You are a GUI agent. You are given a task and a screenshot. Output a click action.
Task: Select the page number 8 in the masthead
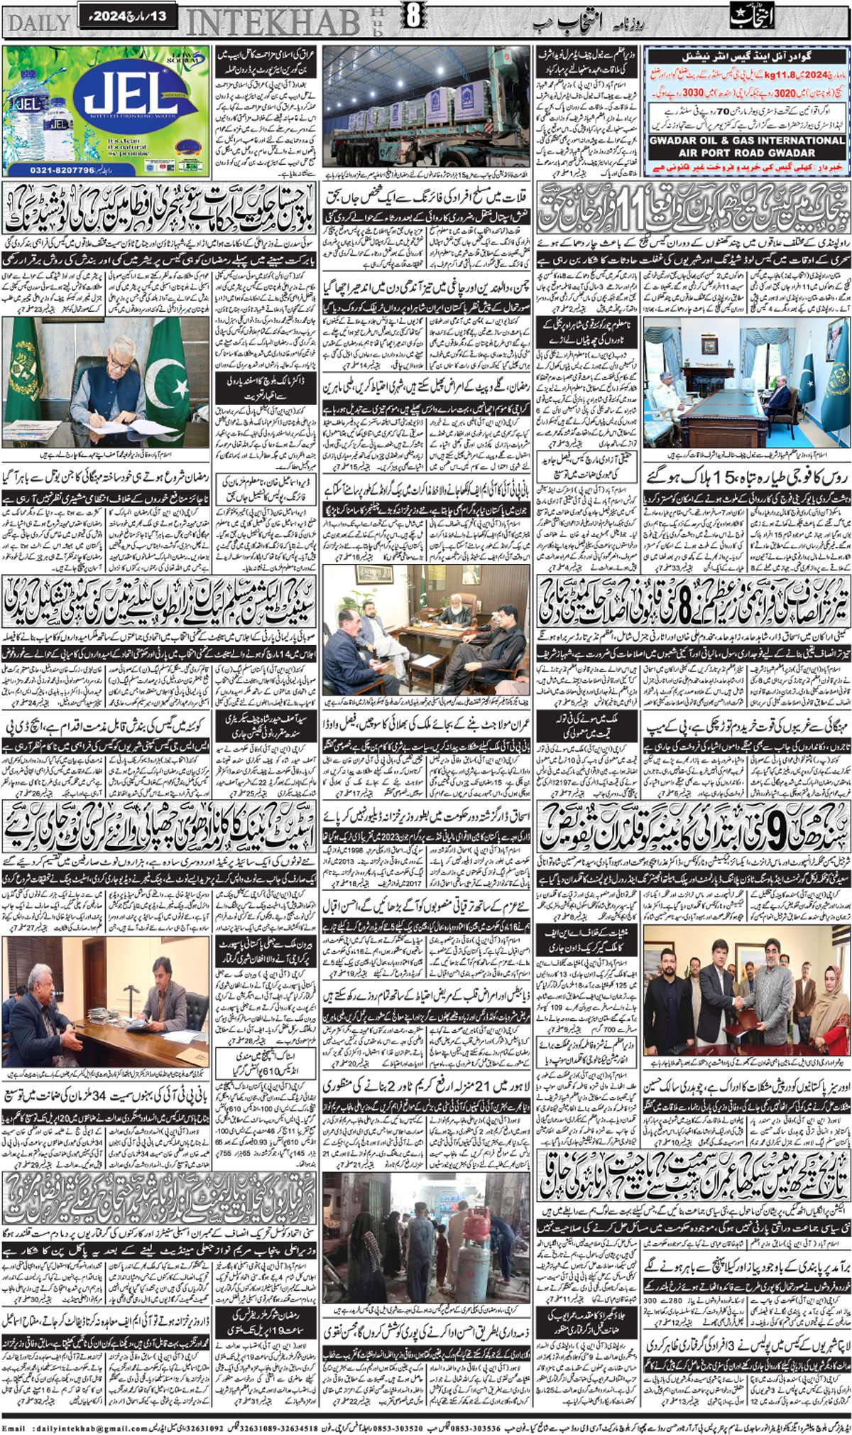click(413, 16)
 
